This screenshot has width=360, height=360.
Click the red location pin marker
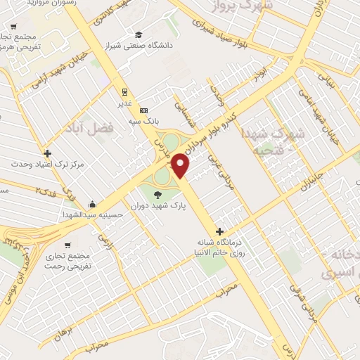pos(181,165)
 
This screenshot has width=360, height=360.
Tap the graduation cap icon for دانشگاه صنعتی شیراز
pos(139,35)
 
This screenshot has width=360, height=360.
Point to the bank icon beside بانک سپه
pos(143,110)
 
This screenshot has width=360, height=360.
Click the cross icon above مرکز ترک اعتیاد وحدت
pos(47,153)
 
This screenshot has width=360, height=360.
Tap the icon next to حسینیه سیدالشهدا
pos(92,204)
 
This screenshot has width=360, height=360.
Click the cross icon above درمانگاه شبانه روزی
pos(220,231)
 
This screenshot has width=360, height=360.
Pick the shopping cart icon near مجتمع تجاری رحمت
pos(67,245)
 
